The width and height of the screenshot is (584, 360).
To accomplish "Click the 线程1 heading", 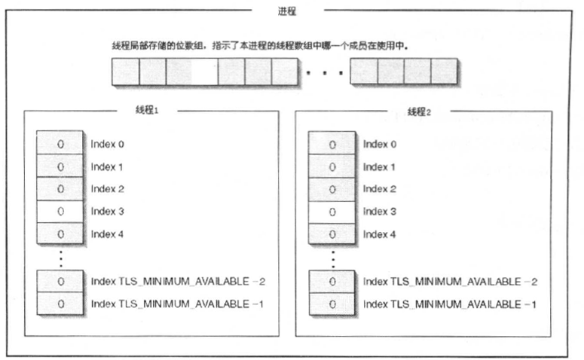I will point(145,111).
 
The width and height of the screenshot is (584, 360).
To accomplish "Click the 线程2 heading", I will point(419,111).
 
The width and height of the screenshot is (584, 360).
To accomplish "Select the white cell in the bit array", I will point(204,72).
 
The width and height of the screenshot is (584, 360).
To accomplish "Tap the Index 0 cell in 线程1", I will point(60,144).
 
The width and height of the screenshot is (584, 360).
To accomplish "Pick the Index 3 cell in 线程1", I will point(60,212).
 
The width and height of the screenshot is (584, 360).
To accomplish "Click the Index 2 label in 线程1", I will point(107,189).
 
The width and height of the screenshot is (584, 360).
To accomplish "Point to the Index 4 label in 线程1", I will point(107,234).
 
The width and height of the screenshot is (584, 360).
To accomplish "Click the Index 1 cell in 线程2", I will point(332,166).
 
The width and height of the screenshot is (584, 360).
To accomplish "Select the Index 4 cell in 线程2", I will point(332,234).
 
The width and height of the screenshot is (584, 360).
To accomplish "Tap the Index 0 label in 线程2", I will point(380,144).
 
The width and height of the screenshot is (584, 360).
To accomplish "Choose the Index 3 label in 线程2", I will point(380,212).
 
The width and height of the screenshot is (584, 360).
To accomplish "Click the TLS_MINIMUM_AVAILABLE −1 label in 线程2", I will point(450,304).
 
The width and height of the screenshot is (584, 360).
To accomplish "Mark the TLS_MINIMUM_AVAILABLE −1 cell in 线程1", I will point(60,304).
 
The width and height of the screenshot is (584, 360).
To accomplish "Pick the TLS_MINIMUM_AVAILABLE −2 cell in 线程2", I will point(332,282).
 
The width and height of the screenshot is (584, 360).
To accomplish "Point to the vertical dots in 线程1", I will point(60,258).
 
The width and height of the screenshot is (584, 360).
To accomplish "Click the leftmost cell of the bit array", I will point(125,72).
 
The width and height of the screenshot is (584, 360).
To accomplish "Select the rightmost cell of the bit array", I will point(444,72).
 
